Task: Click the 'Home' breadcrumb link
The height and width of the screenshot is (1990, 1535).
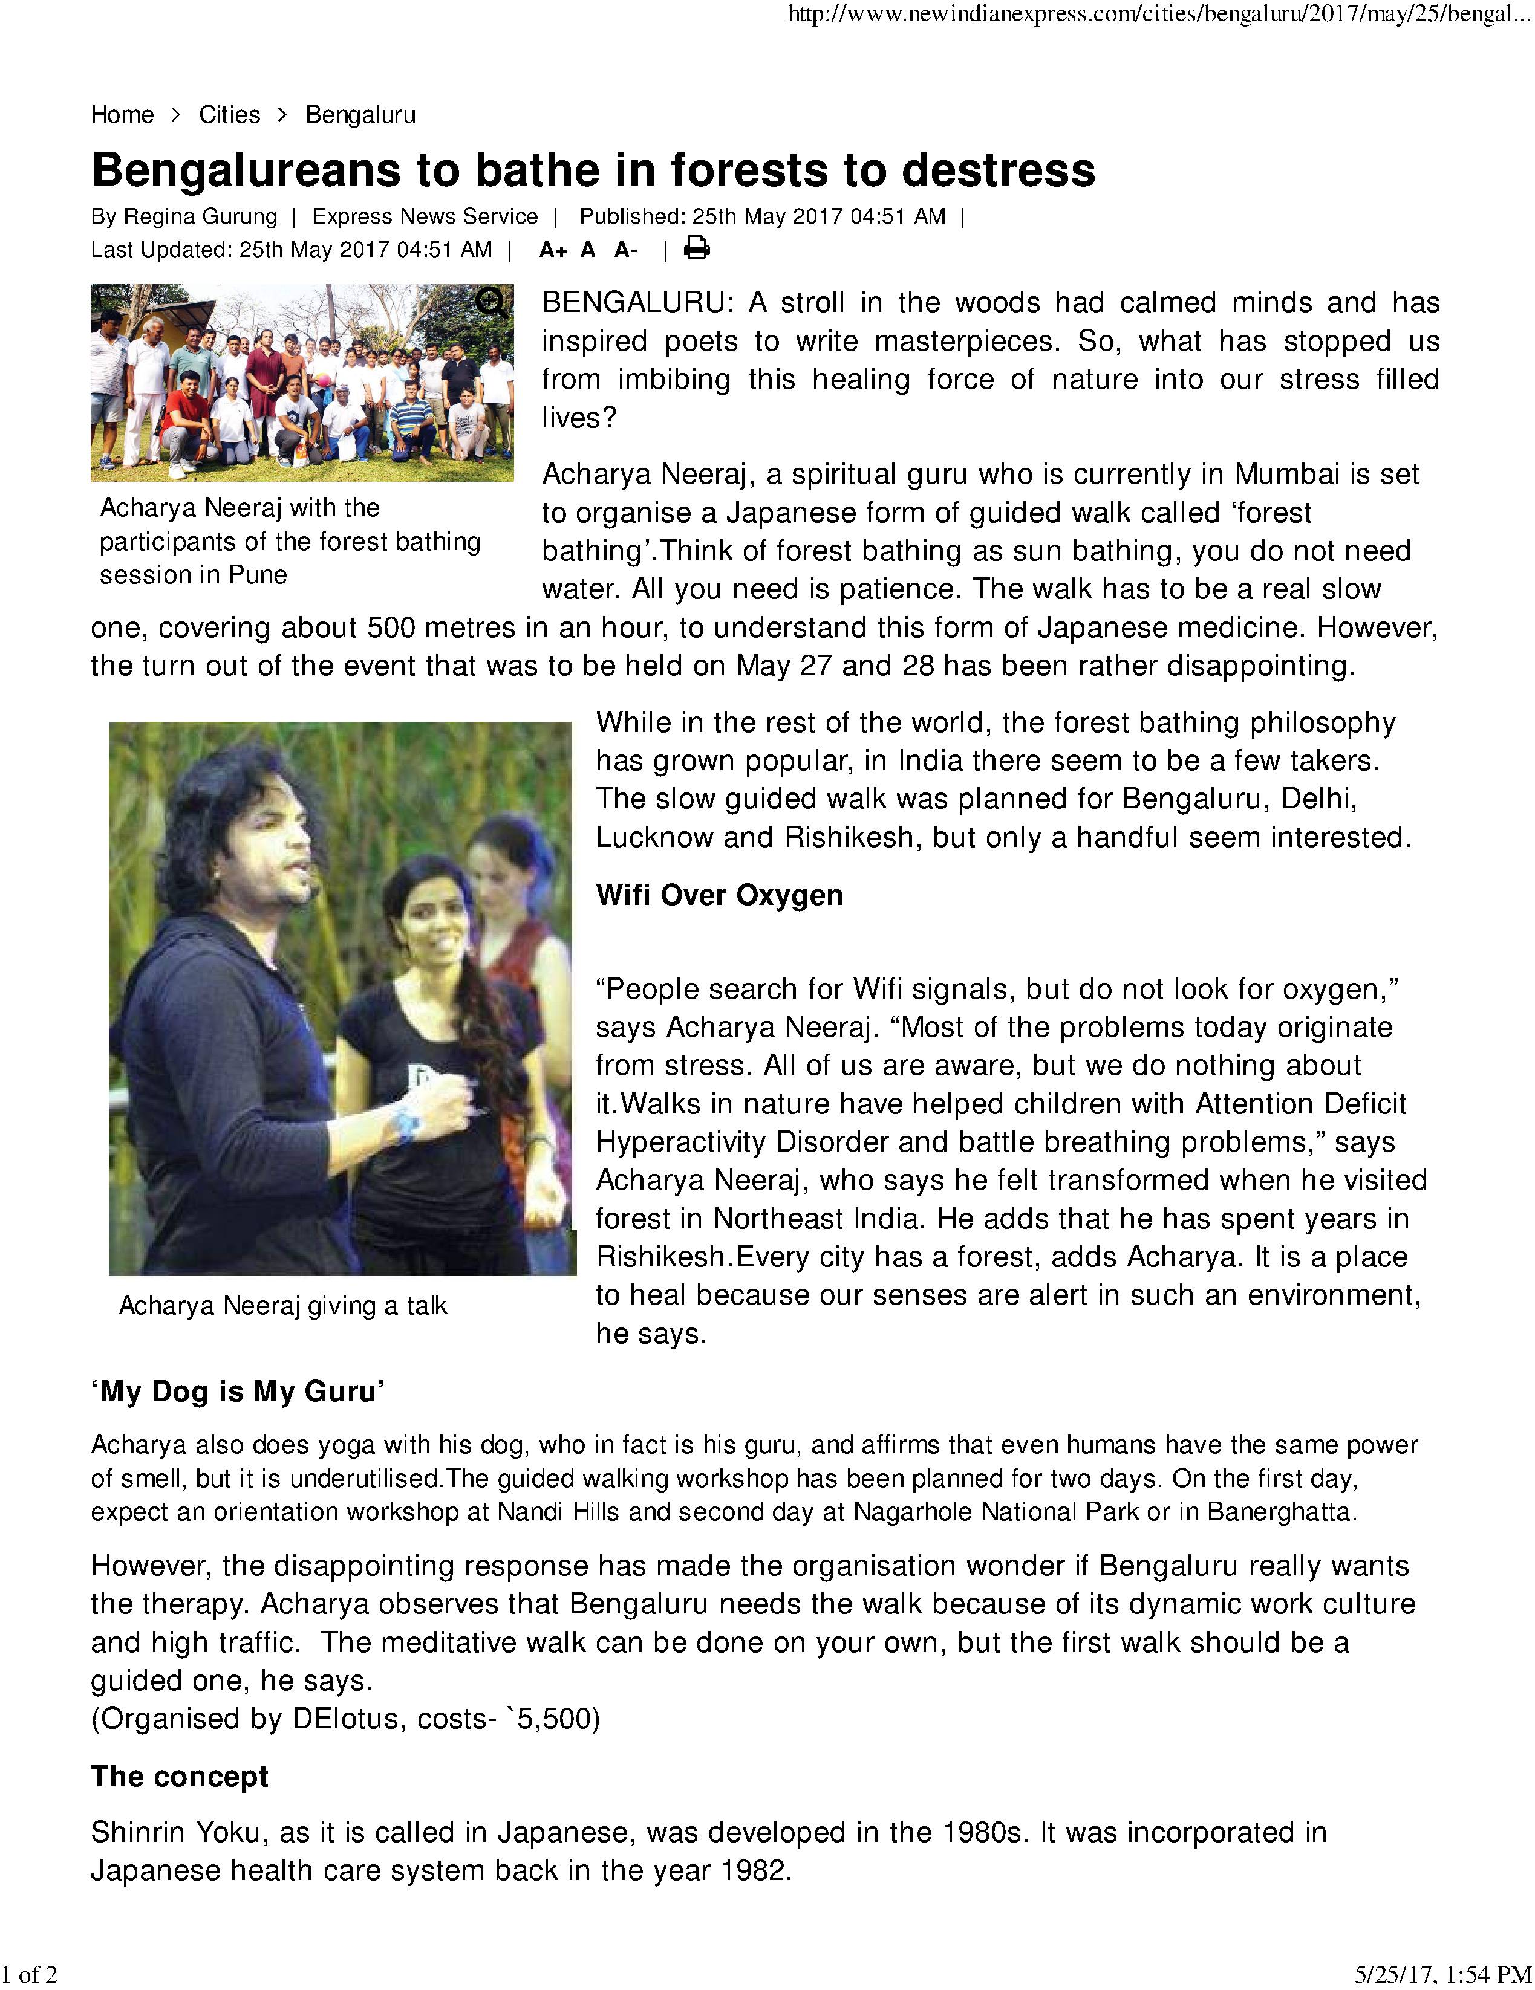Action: [x=122, y=115]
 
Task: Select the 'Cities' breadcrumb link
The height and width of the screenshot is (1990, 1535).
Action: [x=230, y=115]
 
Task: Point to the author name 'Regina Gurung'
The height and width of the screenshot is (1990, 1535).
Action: [x=201, y=217]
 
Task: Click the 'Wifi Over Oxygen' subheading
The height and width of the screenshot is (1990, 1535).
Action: [x=719, y=895]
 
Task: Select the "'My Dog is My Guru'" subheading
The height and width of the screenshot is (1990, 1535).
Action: [x=238, y=1392]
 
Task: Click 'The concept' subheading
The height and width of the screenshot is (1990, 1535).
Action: [x=180, y=1776]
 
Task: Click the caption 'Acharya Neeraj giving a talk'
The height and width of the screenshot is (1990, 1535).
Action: [x=282, y=1306]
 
